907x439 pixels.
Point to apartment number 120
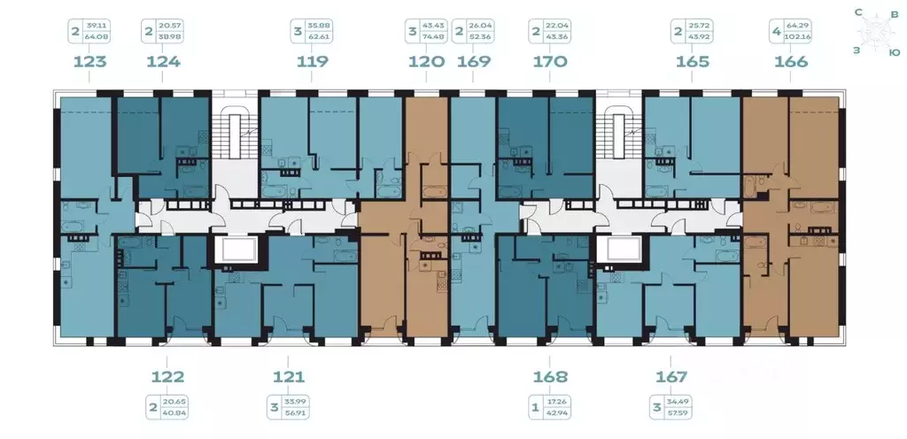click(x=426, y=62)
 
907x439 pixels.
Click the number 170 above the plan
click(x=550, y=62)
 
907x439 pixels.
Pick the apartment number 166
click(x=790, y=62)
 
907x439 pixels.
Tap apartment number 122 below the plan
click(x=163, y=377)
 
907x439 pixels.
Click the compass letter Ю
click(x=895, y=52)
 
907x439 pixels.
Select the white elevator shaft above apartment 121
click(x=236, y=250)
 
